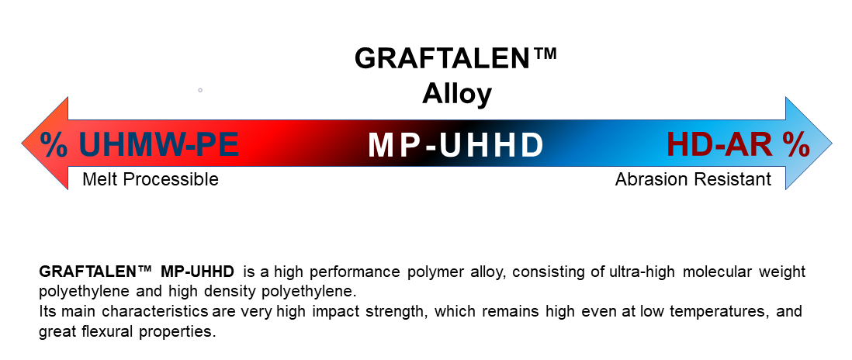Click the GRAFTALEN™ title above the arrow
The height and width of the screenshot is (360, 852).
click(x=455, y=59)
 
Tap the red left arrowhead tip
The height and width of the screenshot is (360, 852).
click(x=23, y=144)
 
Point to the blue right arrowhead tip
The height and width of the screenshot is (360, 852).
click(x=831, y=144)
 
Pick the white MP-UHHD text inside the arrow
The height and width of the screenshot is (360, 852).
click(x=455, y=145)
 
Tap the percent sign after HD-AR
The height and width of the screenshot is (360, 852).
click(x=796, y=144)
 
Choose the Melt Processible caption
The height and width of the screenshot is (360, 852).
click(x=151, y=179)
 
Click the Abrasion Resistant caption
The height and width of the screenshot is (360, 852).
click(x=693, y=179)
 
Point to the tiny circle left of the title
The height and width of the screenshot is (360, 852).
click(x=200, y=90)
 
